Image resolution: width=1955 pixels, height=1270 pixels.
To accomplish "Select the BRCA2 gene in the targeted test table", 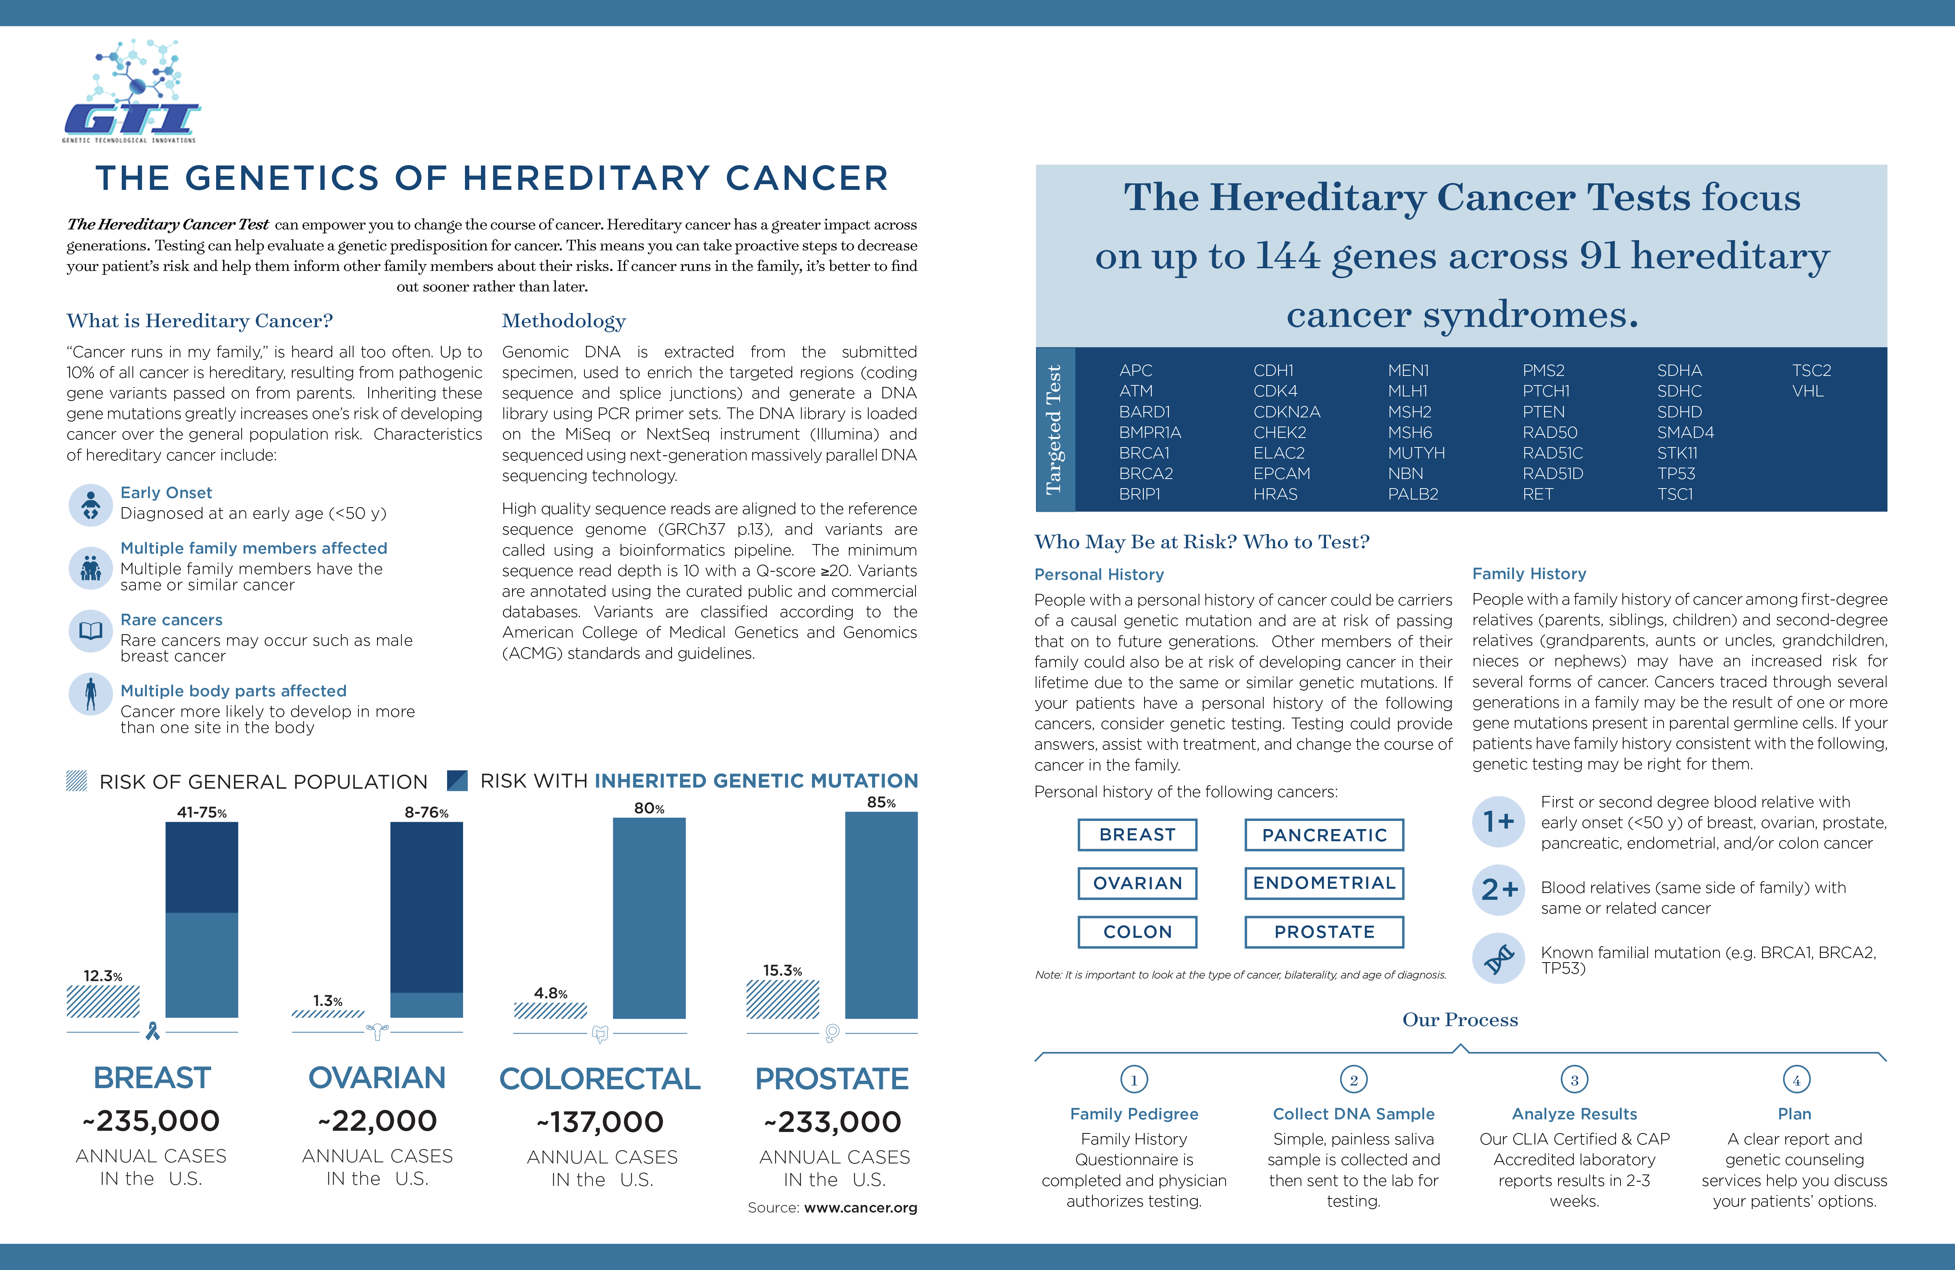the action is coord(1146,473).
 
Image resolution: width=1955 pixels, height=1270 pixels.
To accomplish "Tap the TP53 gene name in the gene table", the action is coord(1676,473).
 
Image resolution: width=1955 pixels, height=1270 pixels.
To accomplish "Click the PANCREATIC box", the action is coord(1324,835).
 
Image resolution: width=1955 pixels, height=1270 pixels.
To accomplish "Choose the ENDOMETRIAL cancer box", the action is coord(1324,883).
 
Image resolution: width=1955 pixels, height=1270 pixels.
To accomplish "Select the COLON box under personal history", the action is coord(1138,931).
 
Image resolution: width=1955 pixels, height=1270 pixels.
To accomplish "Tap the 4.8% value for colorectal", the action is coord(550,993).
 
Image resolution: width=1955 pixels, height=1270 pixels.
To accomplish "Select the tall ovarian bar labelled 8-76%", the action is coord(426,920).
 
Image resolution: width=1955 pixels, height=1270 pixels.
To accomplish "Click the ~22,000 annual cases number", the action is coord(377,1120).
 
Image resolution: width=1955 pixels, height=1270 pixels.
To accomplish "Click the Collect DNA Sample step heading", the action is coord(1354,1114).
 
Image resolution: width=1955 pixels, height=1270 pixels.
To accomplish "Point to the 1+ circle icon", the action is coord(1498,821).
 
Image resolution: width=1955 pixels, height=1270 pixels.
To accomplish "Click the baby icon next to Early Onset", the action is coord(90,504).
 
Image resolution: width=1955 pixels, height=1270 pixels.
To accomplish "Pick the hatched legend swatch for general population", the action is coord(76,780).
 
